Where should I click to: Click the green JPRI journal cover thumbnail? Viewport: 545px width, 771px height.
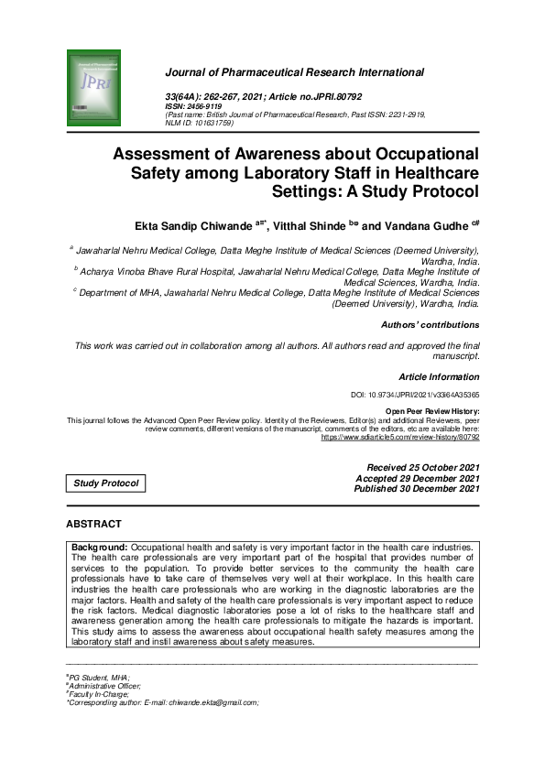coord(93,89)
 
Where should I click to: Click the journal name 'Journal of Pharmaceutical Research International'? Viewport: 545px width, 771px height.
coord(294,72)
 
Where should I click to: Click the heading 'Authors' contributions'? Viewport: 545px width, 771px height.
coord(430,324)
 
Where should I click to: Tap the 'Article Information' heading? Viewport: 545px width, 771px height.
coord(439,377)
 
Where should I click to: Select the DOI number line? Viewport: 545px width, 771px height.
coord(415,395)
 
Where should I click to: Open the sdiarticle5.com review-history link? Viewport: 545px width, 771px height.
coord(399,438)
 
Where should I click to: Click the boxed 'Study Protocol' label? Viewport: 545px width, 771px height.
coord(106,483)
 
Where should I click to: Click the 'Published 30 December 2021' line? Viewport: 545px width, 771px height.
coord(417,489)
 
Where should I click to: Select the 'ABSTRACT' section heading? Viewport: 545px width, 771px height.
coord(93,524)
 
